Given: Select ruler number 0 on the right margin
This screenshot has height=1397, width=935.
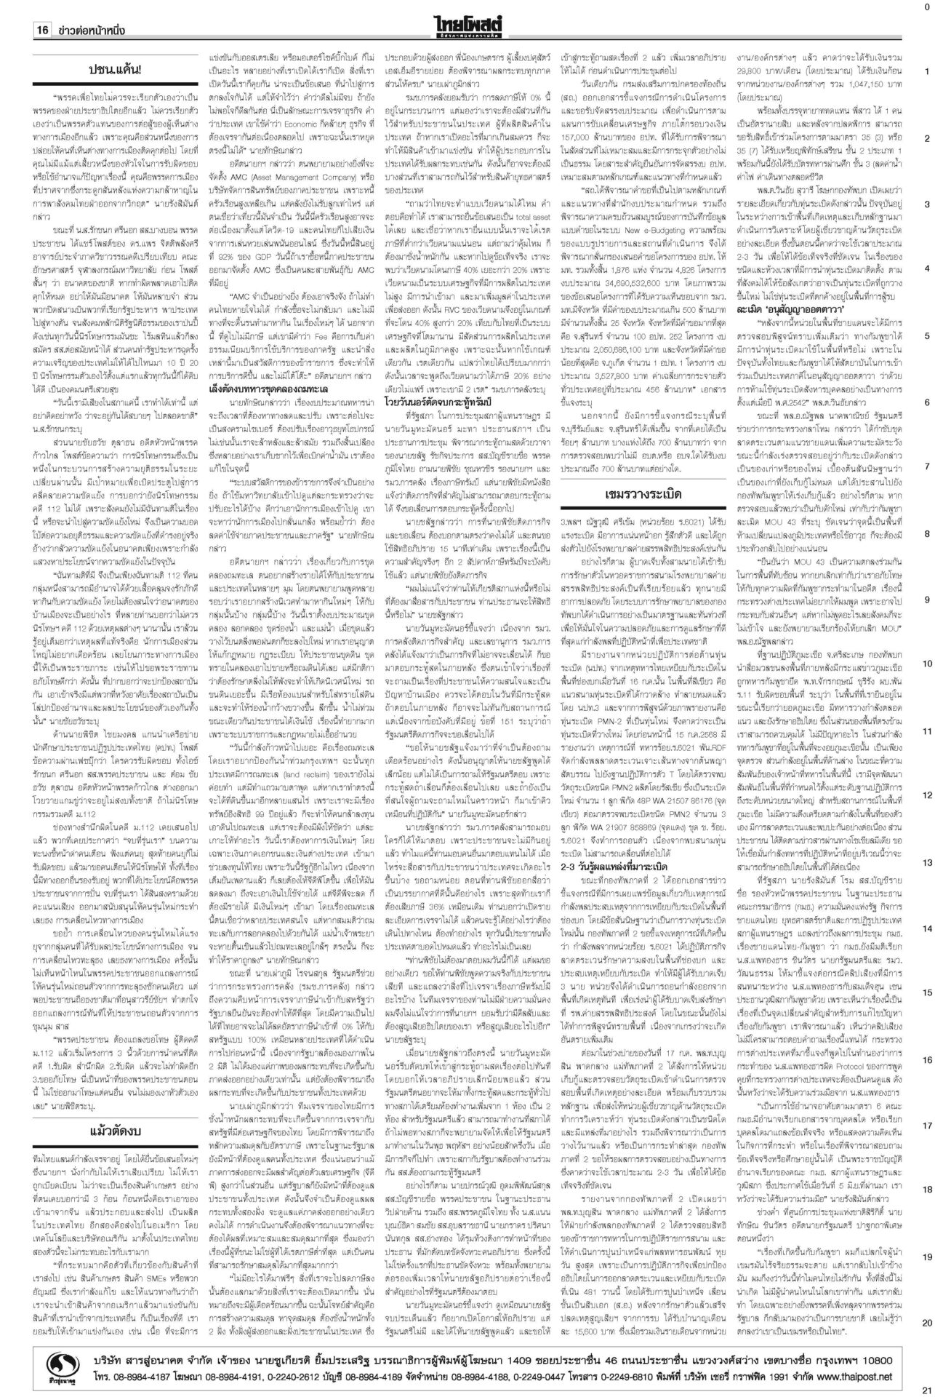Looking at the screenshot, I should [x=926, y=6].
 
